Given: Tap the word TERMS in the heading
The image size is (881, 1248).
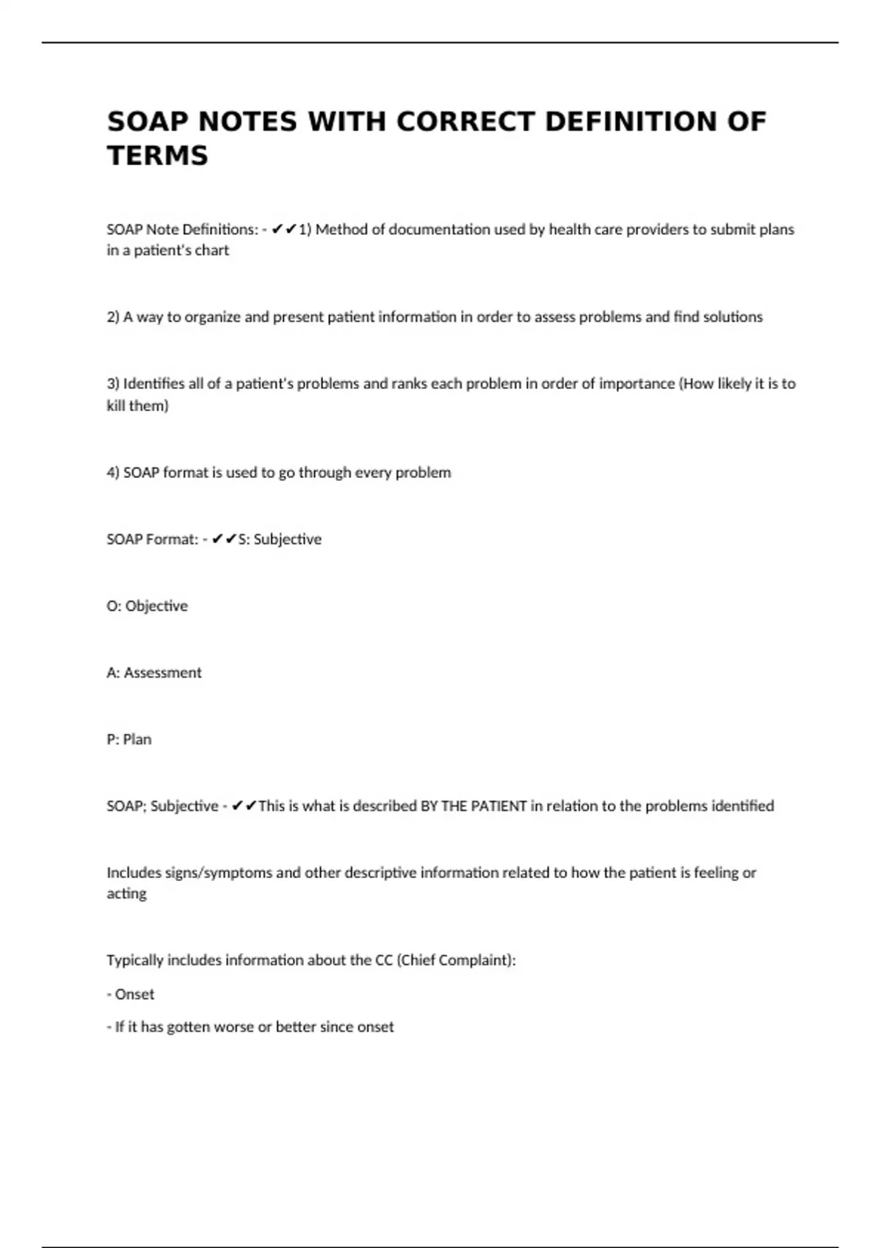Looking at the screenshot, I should coord(158,156).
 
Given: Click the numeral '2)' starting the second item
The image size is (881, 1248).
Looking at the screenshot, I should coord(113,317).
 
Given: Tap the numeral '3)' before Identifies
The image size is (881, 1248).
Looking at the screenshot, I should coord(113,384).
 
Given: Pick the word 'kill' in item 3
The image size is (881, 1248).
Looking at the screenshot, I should coord(116,406).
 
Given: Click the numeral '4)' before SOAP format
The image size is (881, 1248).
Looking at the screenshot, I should coord(113,473).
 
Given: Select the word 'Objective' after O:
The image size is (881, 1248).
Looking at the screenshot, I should coord(156,606).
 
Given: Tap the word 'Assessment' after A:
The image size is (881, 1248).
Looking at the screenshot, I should coord(162,673).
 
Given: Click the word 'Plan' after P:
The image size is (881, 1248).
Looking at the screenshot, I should coord(137,740).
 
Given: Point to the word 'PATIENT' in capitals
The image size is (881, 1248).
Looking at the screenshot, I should coord(498,806).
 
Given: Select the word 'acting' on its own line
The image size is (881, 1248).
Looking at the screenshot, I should coord(126,894).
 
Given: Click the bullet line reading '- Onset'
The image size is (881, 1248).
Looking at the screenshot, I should coord(131,995).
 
